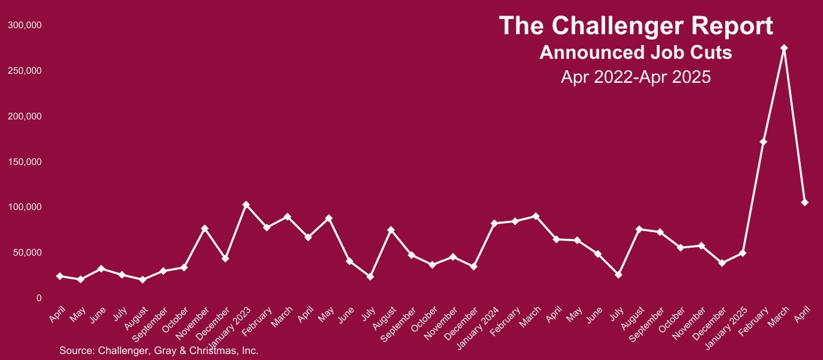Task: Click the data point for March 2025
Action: (x=784, y=48)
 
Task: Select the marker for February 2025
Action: (x=764, y=142)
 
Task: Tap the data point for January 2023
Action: (x=246, y=205)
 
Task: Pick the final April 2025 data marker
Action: (x=804, y=202)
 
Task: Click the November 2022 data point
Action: (x=204, y=229)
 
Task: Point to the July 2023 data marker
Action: (x=370, y=277)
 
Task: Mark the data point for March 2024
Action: (x=535, y=216)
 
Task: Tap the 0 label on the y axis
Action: (x=39, y=298)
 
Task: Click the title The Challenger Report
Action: (x=636, y=26)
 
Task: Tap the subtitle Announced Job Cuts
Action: (x=636, y=53)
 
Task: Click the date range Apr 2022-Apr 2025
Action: (x=636, y=77)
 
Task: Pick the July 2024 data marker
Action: (x=618, y=274)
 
